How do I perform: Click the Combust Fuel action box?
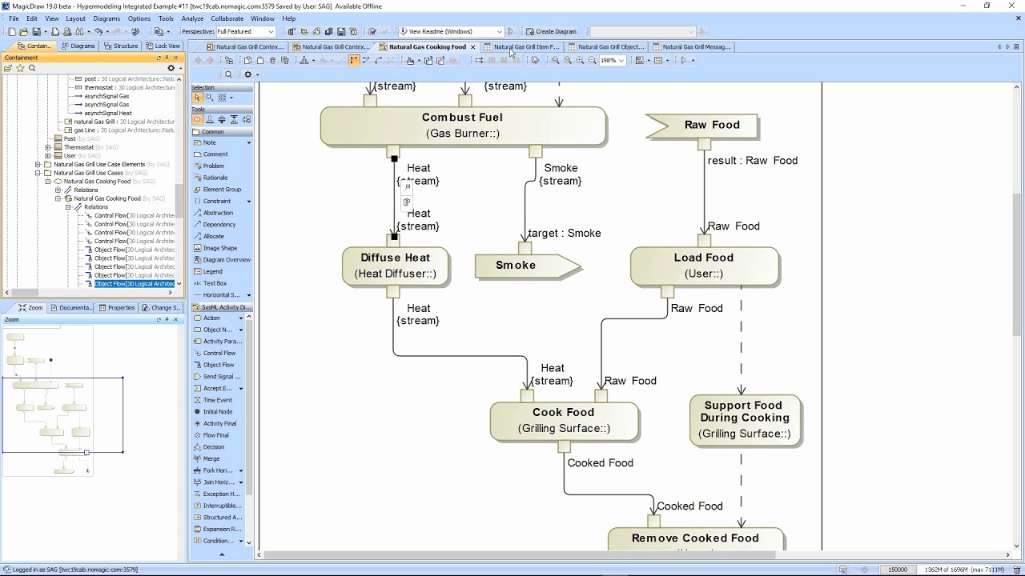click(x=463, y=126)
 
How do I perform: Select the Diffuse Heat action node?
click(x=396, y=266)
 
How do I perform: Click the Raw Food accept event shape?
click(x=705, y=126)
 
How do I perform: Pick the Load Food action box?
click(x=704, y=266)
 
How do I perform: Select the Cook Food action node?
click(x=564, y=420)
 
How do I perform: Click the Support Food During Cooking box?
click(x=745, y=419)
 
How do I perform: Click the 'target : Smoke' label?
click(x=565, y=234)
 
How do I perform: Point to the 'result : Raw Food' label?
click(x=753, y=161)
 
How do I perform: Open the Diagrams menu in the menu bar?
click(x=107, y=18)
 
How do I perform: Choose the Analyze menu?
click(x=192, y=18)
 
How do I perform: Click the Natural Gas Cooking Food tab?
click(x=427, y=47)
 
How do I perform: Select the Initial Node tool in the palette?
click(x=217, y=412)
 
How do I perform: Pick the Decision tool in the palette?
click(x=214, y=447)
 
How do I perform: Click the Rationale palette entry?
click(x=215, y=178)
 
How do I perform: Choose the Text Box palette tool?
click(x=215, y=283)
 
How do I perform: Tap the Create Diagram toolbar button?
click(x=552, y=32)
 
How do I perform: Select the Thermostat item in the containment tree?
click(x=78, y=147)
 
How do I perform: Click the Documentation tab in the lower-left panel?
click(x=73, y=308)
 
